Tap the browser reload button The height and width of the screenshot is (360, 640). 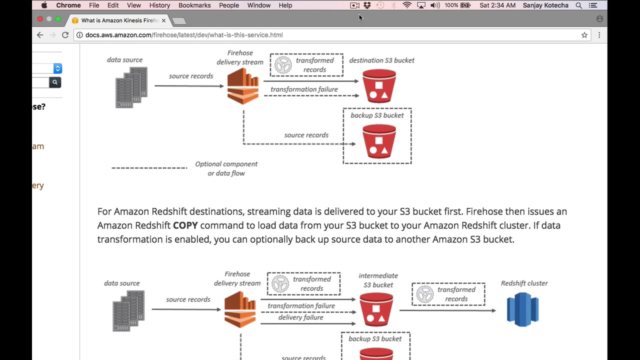pyautogui.click(x=65, y=35)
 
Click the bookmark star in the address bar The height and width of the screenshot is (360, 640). pyautogui.click(x=584, y=35)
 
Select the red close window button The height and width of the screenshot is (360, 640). pyautogui.click(x=40, y=19)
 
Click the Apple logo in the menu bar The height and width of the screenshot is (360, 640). pyautogui.click(x=44, y=5)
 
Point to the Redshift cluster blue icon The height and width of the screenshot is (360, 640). pyautogui.click(x=522, y=310)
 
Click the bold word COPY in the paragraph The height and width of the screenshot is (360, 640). pyautogui.click(x=185, y=225)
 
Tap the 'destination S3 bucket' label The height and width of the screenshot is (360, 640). pyautogui.click(x=381, y=60)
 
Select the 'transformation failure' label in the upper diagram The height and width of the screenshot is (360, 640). pyautogui.click(x=304, y=89)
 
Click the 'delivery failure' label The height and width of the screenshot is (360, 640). pyautogui.click(x=300, y=317)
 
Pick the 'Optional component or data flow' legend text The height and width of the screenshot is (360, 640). pyautogui.click(x=226, y=168)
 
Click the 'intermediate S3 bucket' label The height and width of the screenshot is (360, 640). pyautogui.click(x=378, y=280)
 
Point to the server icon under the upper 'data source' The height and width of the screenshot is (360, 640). pyautogui.click(x=131, y=87)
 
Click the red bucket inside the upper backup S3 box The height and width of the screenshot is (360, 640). pyautogui.click(x=379, y=141)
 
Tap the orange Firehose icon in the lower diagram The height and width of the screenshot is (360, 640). pyautogui.click(x=240, y=309)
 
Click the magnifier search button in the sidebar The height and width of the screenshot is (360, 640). pyautogui.click(x=55, y=82)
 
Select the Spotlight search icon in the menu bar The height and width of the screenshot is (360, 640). pyautogui.click(x=578, y=5)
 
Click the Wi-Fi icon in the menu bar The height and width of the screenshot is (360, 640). pyautogui.click(x=407, y=5)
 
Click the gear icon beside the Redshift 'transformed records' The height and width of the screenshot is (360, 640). pyautogui.click(x=424, y=294)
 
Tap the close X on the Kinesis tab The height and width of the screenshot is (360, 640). pyautogui.click(x=163, y=20)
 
